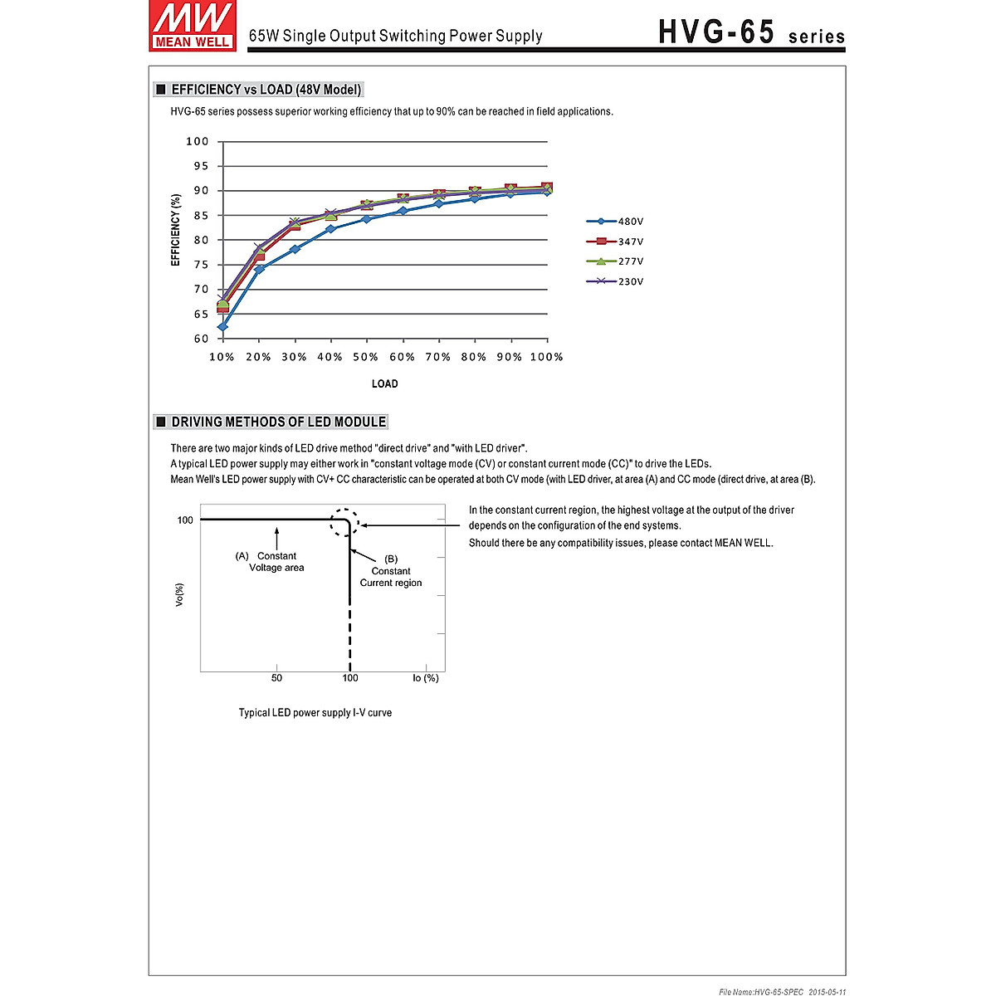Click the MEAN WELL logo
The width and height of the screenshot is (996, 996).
(192, 26)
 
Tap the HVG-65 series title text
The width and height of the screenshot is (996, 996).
(751, 32)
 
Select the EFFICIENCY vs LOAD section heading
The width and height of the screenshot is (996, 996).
(266, 90)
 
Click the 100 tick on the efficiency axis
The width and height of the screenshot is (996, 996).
(198, 141)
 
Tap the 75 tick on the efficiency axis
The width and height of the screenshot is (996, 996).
(201, 265)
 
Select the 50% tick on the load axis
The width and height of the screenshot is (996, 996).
(366, 357)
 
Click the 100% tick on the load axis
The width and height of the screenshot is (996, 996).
(547, 357)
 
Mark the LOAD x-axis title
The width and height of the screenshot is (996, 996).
(384, 383)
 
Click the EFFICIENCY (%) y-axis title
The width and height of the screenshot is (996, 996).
(176, 230)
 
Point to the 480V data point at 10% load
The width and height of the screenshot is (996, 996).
(222, 326)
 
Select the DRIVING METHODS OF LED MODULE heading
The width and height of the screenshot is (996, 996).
(278, 422)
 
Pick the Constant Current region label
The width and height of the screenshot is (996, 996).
(391, 571)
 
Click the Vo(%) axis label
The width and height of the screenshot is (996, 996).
(179, 594)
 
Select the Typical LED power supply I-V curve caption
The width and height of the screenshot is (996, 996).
(315, 712)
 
